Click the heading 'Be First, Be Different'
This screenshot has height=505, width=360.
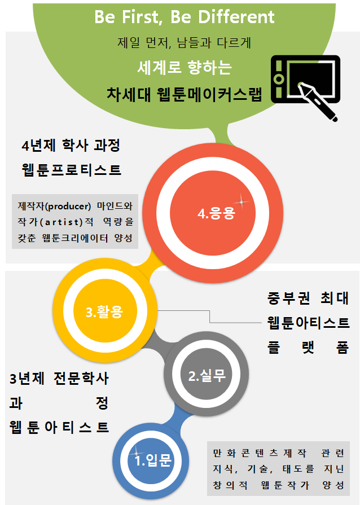click(x=184, y=17)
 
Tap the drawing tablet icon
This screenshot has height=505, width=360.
click(x=305, y=80)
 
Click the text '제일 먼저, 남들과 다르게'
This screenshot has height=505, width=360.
click(x=184, y=42)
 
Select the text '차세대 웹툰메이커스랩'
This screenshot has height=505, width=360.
click(x=184, y=94)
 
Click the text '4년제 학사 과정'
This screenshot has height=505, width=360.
click(x=71, y=146)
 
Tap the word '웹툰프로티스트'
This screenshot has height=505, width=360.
click(x=71, y=169)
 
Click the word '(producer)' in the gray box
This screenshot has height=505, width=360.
click(x=70, y=205)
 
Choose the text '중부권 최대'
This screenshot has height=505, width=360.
click(x=308, y=298)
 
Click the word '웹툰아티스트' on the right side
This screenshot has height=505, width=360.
click(x=308, y=323)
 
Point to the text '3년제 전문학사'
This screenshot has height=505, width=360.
click(x=59, y=378)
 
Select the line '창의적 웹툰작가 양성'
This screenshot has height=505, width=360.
click(x=278, y=485)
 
